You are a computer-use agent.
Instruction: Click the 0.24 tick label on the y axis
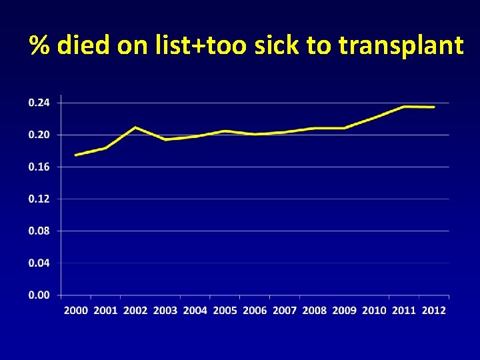[39, 103]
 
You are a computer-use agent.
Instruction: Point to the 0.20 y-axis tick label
[39, 135]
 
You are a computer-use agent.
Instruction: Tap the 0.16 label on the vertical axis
[39, 167]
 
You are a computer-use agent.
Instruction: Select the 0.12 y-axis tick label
[39, 199]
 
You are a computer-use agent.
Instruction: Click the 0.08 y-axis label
[39, 231]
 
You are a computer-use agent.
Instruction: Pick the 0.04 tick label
[39, 263]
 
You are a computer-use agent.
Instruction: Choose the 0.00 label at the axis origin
[39, 295]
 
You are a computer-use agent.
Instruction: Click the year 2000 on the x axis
[76, 311]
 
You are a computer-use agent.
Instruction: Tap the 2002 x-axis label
[135, 311]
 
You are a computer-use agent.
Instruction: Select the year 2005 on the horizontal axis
[225, 311]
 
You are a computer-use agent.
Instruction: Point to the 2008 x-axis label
[314, 311]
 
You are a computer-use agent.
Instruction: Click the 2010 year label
[374, 311]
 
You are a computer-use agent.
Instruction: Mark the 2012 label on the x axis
[433, 311]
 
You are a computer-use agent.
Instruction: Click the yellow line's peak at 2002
[135, 127]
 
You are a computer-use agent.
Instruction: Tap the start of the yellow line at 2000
[75, 155]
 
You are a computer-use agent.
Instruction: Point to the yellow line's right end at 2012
[434, 107]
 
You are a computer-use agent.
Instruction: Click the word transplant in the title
[400, 46]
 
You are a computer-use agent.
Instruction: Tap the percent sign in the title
[41, 46]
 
